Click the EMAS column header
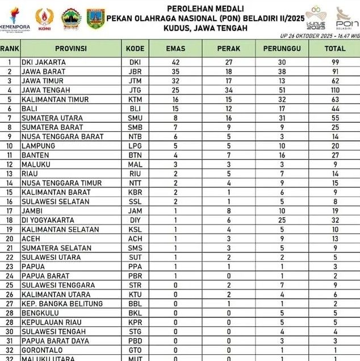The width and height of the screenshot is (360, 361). click(x=175, y=49)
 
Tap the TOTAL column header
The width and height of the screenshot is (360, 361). click(x=335, y=49)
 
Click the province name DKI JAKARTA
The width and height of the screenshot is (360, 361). click(x=43, y=63)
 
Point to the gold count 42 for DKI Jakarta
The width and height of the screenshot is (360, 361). click(x=175, y=63)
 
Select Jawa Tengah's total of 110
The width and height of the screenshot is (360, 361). click(x=335, y=90)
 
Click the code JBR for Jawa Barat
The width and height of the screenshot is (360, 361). click(x=135, y=72)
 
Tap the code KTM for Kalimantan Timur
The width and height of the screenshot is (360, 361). click(x=135, y=99)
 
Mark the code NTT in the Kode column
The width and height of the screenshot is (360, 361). click(x=135, y=183)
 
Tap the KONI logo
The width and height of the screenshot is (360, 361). click(x=44, y=20)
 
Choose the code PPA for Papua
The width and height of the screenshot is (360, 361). click(x=135, y=267)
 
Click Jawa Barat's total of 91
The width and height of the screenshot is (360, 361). click(x=335, y=72)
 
